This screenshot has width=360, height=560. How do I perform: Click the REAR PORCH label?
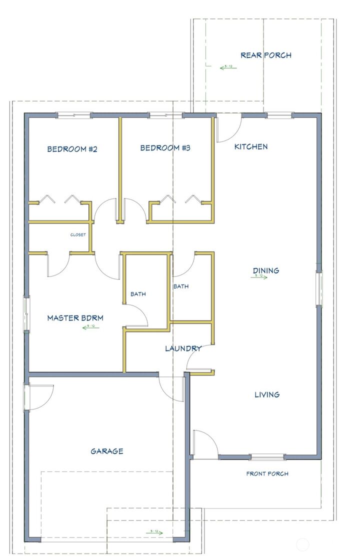[265, 55]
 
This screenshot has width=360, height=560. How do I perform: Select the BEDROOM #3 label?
[165, 148]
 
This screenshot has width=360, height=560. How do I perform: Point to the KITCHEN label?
[251, 146]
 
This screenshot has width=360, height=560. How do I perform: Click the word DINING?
[265, 270]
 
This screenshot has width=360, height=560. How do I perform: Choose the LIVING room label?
[267, 394]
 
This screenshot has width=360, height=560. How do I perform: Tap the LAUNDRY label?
[183, 348]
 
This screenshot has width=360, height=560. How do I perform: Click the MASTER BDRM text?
[75, 317]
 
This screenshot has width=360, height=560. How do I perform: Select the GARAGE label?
[106, 451]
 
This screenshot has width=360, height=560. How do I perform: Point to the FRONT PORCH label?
[267, 473]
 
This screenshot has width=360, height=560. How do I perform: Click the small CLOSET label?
[77, 234]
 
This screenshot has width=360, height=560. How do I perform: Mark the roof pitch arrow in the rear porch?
[228, 67]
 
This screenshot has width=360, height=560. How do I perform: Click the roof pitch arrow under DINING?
[259, 276]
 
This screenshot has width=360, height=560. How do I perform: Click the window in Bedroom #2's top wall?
[74, 115]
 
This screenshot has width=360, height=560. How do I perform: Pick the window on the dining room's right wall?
[318, 288]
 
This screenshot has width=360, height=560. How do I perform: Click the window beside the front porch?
[267, 456]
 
